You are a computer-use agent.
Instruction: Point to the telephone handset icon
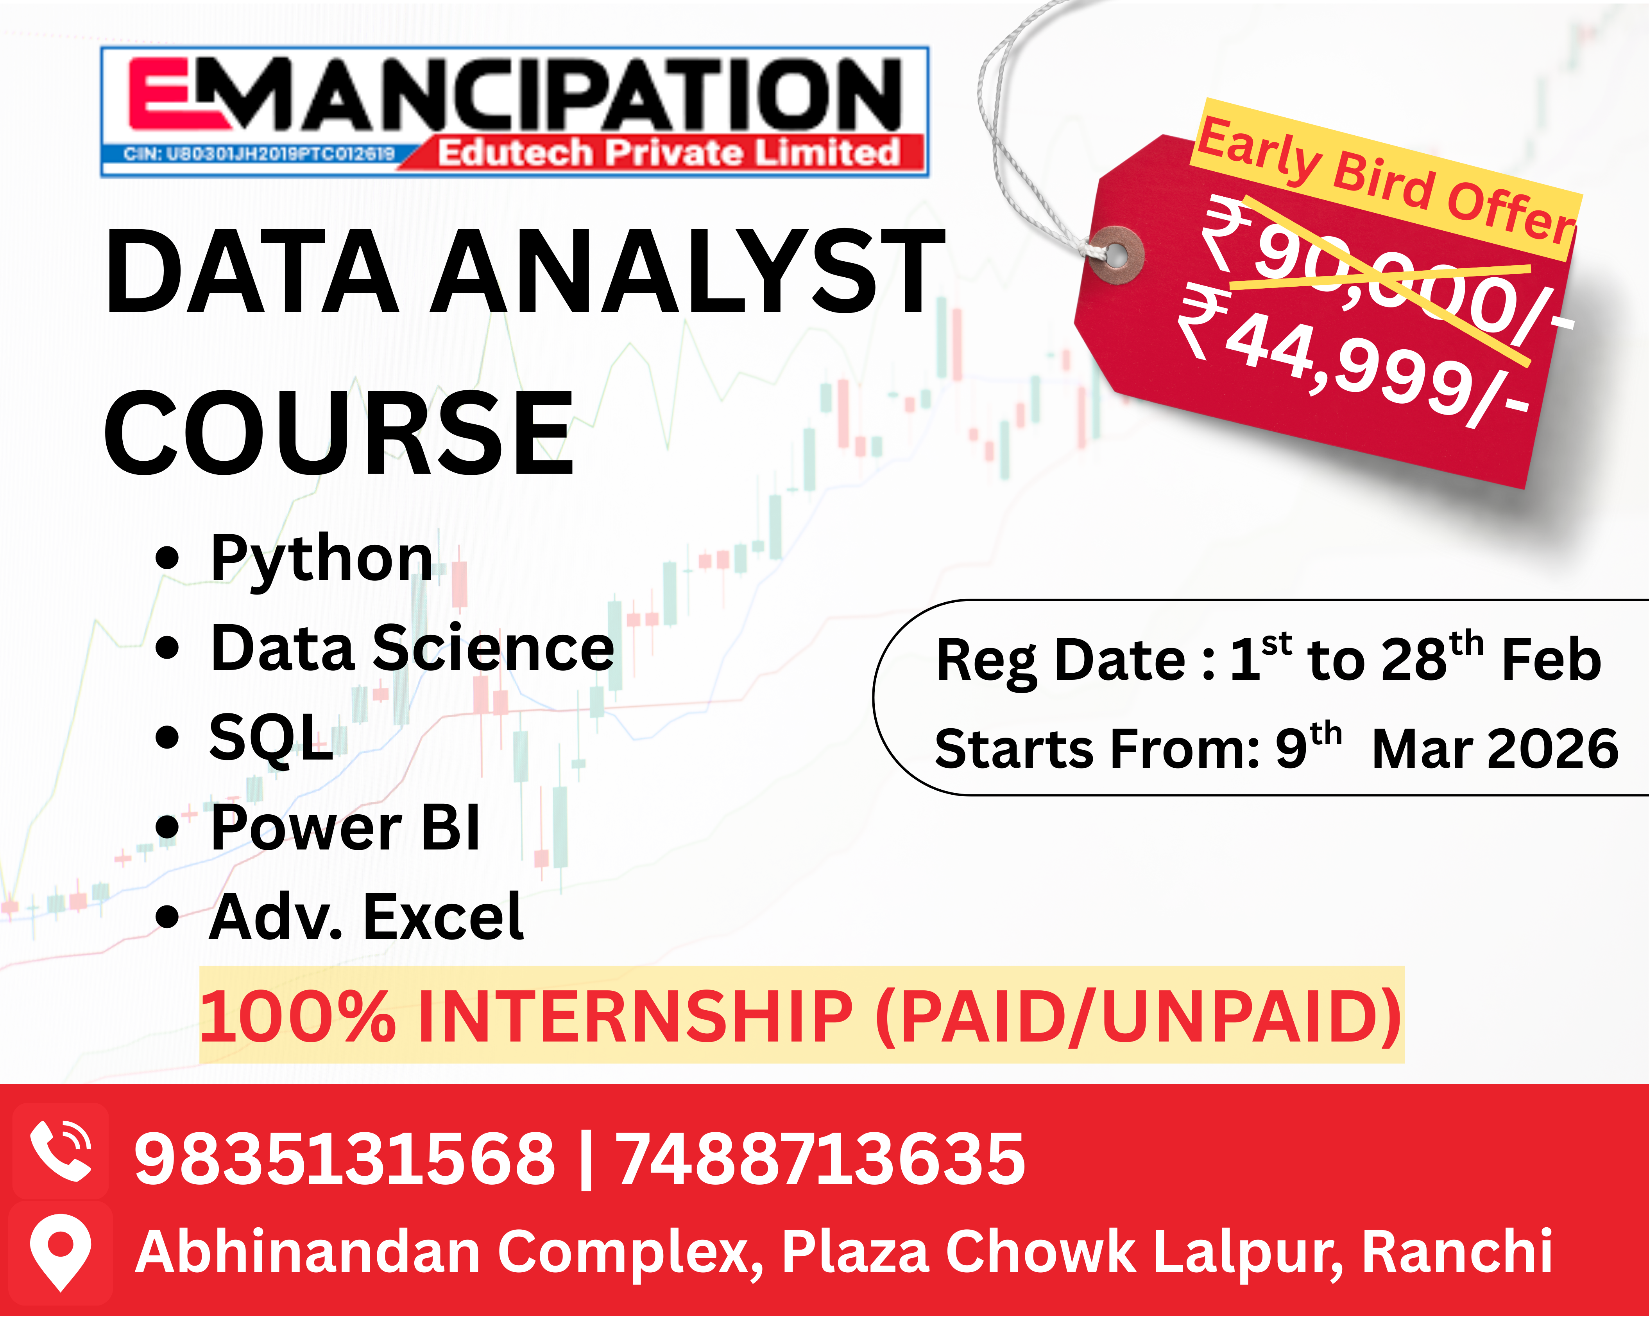click(61, 1151)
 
